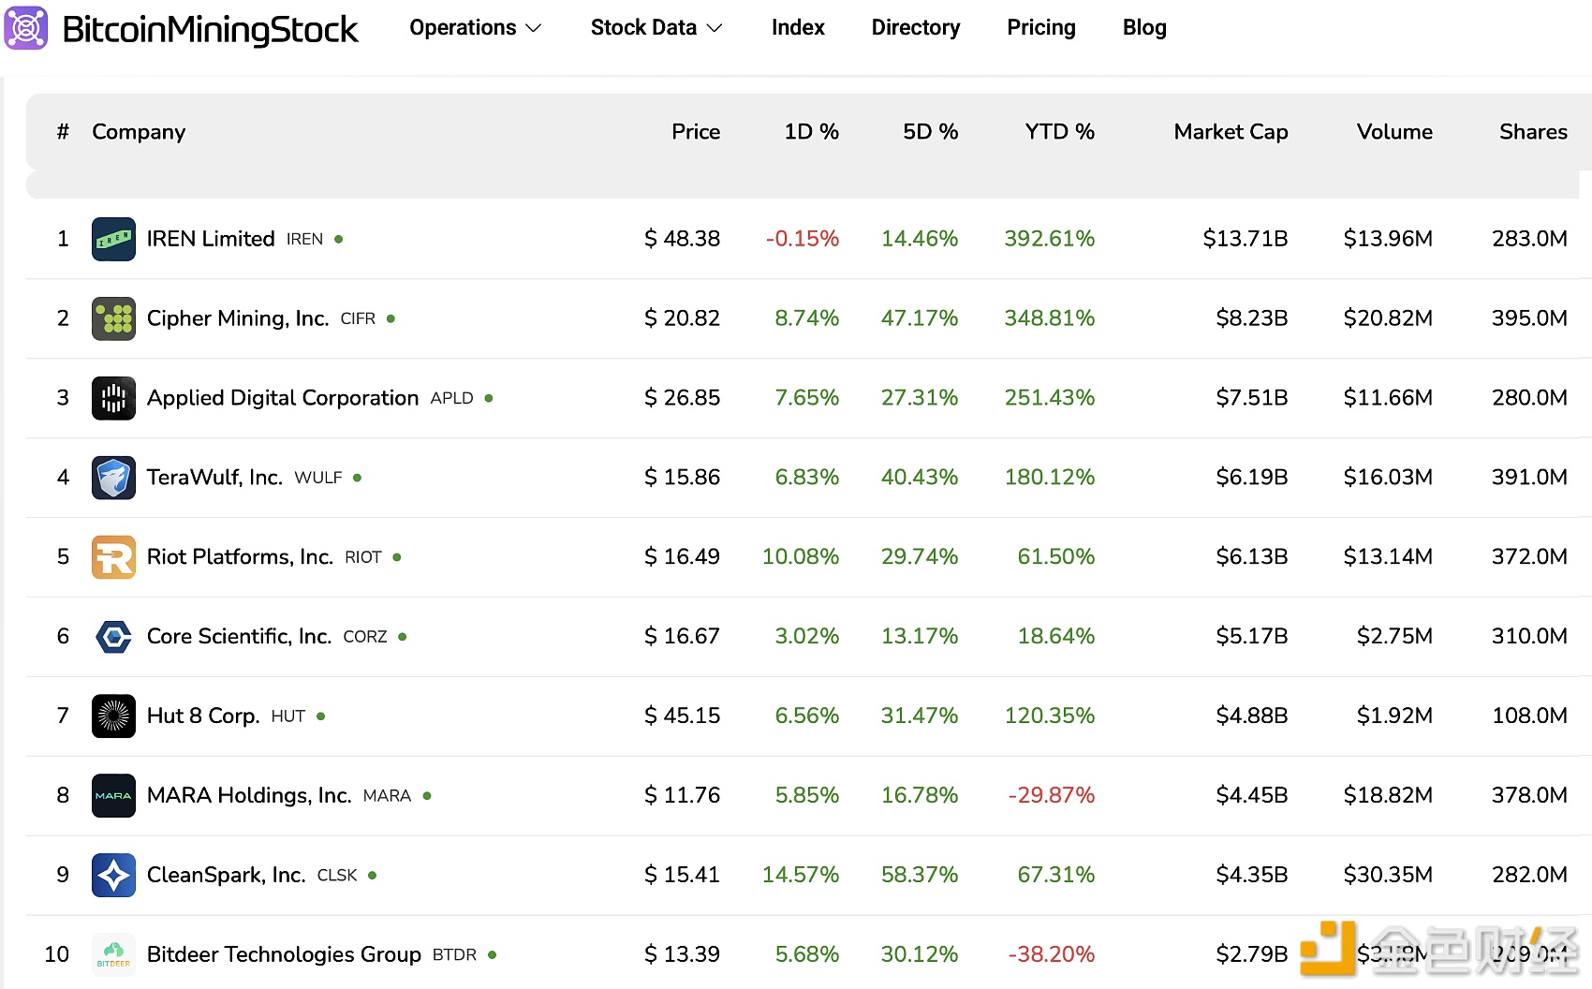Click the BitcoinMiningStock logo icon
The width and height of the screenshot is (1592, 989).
(x=26, y=28)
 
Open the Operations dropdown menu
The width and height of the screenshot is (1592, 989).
(x=475, y=28)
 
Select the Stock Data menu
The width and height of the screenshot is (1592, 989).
(x=656, y=28)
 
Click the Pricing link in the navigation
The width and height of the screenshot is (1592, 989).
(x=1040, y=28)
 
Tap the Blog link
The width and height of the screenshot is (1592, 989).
(x=1143, y=28)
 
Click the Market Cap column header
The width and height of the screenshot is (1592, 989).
(x=1230, y=132)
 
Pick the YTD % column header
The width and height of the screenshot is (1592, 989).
(x=1058, y=132)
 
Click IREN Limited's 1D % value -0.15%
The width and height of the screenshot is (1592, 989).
(x=802, y=239)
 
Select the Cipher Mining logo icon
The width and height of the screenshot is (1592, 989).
(x=113, y=318)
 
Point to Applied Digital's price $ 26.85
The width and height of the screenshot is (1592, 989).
(x=682, y=398)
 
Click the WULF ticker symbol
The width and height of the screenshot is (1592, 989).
(x=317, y=478)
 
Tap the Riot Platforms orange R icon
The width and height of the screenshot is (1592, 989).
(x=113, y=557)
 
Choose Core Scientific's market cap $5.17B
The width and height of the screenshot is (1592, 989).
(x=1250, y=637)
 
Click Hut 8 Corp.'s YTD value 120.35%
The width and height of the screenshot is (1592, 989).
(x=1049, y=716)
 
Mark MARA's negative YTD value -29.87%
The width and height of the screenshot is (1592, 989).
(x=1051, y=796)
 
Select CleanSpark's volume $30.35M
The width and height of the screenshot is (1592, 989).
(x=1387, y=876)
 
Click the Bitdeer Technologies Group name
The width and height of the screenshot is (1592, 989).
(x=284, y=955)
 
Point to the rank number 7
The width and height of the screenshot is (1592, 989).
(x=63, y=716)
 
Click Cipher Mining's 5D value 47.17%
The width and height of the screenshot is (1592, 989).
(x=919, y=318)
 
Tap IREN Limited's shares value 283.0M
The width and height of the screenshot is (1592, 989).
(x=1528, y=239)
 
